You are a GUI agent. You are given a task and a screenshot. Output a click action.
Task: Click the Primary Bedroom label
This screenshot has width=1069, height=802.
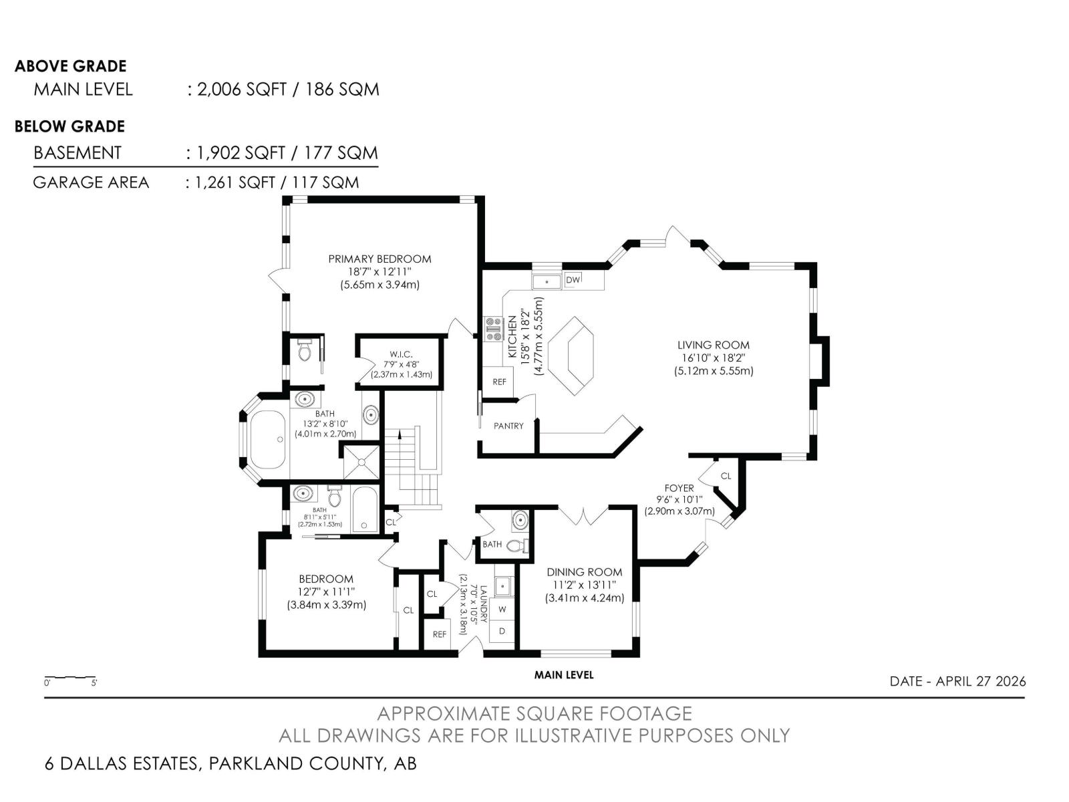[379, 259]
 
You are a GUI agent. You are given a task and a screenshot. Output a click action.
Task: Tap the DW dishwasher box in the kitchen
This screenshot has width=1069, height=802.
[573, 280]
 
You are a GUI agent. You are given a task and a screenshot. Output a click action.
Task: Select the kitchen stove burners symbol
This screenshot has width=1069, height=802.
[493, 329]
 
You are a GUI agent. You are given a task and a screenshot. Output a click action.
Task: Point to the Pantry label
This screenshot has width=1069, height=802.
[508, 426]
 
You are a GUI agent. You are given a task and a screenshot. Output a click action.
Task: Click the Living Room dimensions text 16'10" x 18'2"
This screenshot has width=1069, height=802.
[713, 358]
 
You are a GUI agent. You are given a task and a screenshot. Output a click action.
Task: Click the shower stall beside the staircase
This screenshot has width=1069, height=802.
[361, 461]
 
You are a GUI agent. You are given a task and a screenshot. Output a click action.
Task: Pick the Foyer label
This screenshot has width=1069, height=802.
[679, 488]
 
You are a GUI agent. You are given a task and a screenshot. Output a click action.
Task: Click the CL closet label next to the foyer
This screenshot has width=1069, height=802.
[726, 476]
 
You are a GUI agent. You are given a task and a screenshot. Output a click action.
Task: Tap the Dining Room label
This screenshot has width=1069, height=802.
[584, 572]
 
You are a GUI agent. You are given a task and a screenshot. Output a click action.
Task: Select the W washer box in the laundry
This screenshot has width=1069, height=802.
[502, 609]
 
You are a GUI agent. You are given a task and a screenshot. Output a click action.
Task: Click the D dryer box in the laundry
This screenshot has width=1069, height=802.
[502, 631]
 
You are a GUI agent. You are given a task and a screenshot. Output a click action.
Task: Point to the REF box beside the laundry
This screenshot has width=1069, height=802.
[439, 634]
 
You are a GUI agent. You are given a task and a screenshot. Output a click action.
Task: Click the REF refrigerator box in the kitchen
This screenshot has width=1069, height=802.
[499, 382]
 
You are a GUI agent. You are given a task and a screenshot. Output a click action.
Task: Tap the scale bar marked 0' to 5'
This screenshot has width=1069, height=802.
[70, 678]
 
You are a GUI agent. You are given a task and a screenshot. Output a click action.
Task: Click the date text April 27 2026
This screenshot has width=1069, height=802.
[957, 681]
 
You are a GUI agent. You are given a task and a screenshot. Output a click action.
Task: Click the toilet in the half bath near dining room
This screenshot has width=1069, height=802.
[516, 545]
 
